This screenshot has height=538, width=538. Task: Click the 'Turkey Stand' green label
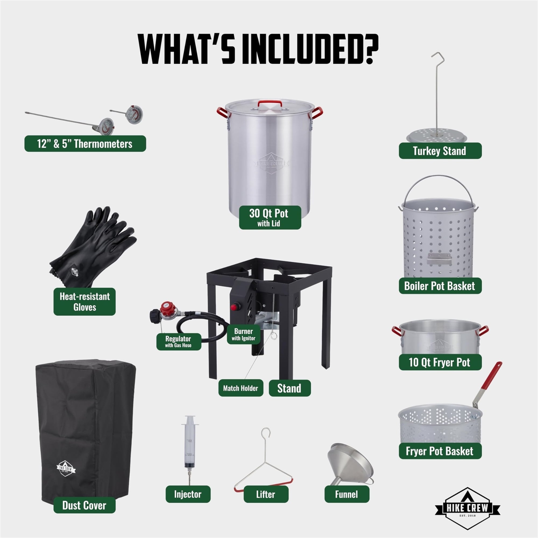coord(440,151)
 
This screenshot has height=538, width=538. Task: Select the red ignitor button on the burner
coord(234,307)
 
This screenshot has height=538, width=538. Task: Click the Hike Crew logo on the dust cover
coord(66,469)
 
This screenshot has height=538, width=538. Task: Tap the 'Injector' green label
coord(188,494)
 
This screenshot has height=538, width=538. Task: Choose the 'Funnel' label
coord(347,494)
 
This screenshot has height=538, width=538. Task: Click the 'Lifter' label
coord(266,494)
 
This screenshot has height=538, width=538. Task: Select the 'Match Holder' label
coord(240,388)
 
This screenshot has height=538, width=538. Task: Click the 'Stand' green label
coord(290,388)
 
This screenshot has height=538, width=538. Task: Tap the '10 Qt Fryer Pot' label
coord(440,362)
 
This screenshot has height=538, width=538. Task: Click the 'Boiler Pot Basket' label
coord(440,286)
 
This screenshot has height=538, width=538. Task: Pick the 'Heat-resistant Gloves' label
coord(84,302)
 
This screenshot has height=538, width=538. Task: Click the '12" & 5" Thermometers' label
coord(85,144)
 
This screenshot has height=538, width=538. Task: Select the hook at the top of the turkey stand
coord(438,56)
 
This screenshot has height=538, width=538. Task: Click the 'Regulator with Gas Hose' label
coord(179,341)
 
